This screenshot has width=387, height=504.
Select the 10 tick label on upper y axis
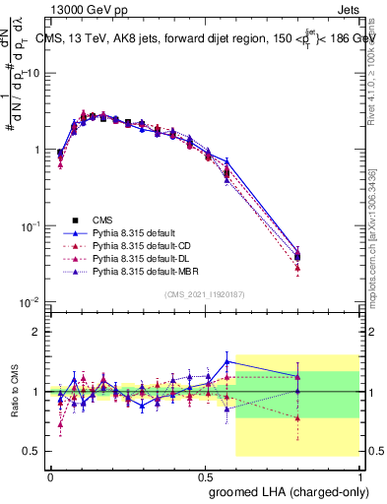pyautogui.click(x=34, y=74)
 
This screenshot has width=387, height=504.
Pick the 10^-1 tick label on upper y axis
pyautogui.click(x=32, y=225)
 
